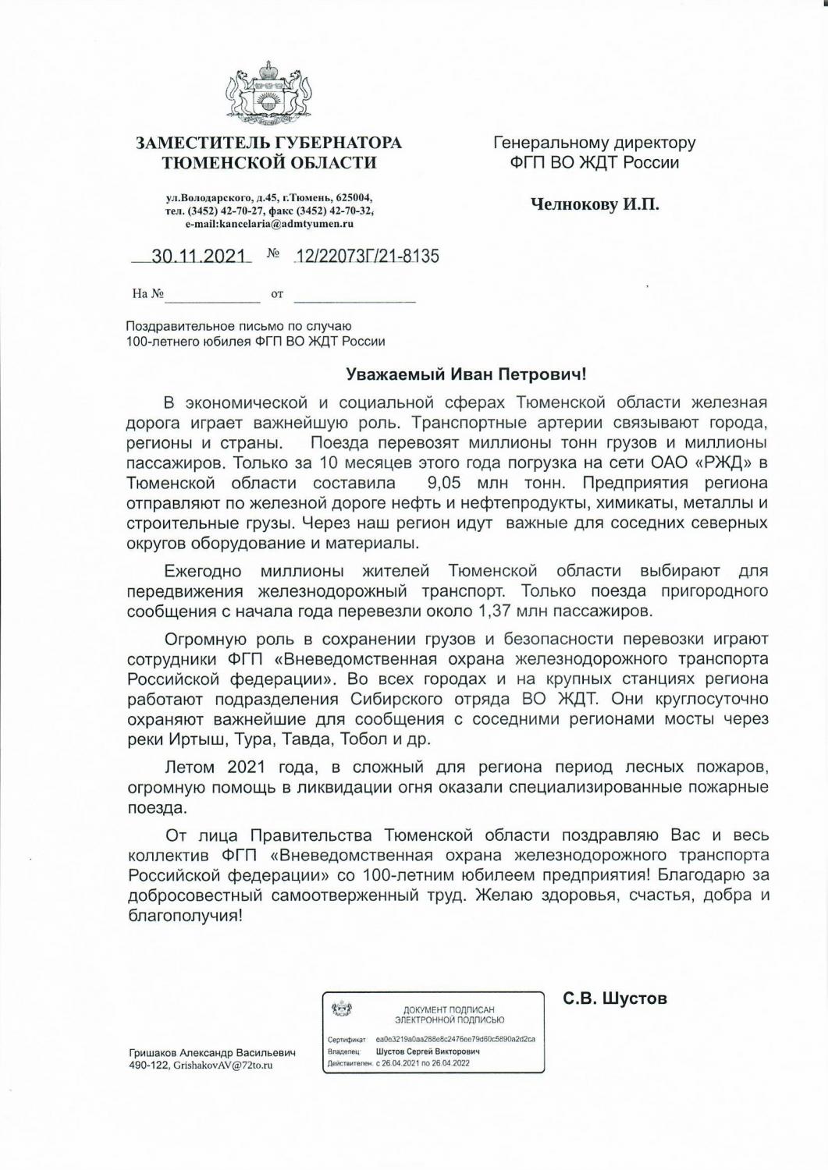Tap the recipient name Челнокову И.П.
[x=595, y=204]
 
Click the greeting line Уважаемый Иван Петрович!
[x=466, y=374]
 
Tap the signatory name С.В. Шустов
[x=615, y=998]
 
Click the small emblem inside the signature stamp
[x=341, y=1011]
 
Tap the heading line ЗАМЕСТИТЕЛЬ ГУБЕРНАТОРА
[x=268, y=143]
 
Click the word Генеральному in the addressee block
[x=546, y=143]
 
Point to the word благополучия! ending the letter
[x=185, y=916]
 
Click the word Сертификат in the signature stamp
[x=348, y=1040]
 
